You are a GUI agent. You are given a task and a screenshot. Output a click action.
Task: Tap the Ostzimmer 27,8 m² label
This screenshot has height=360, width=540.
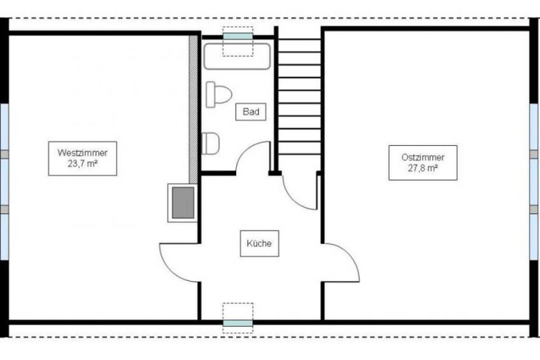coord(423,162)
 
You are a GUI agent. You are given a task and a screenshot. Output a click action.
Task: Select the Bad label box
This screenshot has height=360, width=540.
coord(251,112)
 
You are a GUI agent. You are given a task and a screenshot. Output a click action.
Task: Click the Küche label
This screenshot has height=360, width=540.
coord(259,243)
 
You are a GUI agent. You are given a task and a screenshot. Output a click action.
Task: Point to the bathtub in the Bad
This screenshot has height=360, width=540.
coord(238,57)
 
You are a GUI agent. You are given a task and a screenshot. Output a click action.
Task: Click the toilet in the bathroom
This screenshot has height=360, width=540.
coord(218,94)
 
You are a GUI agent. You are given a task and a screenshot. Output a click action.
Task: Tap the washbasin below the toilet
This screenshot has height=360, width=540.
coord(210,143)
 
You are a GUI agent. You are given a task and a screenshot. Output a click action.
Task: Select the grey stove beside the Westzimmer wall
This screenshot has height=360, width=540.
coord(183,203)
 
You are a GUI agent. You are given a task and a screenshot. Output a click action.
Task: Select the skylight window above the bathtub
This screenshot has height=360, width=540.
coord(238,36)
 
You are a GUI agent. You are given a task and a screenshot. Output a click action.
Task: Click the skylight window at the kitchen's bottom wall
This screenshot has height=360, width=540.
coord(238,323)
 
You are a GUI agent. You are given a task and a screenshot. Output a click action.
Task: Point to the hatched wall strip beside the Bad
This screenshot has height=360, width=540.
coord(193,109)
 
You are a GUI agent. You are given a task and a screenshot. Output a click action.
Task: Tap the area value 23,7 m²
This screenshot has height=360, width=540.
coord(82,164)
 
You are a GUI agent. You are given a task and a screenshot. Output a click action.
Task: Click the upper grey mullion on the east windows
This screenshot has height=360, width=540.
coord(534,154)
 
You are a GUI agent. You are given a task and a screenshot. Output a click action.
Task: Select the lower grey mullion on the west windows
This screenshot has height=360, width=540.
coord(4,209)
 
